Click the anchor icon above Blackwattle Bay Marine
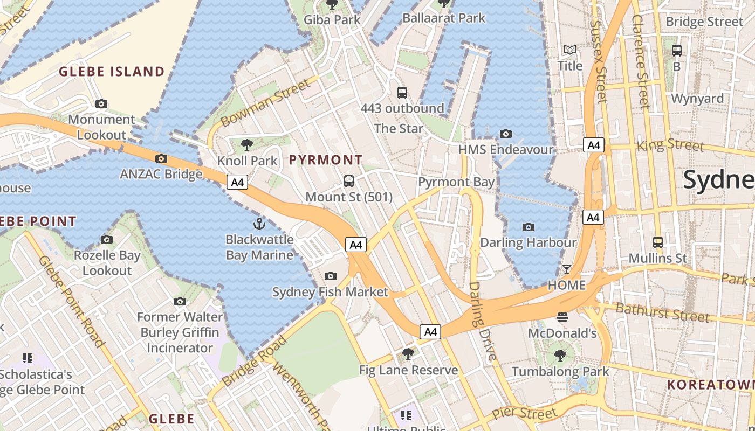pos(259,224)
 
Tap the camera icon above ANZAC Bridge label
pos(161,158)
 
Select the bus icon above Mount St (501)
pos(349,181)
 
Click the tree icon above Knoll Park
pos(247,144)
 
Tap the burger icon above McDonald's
pos(562,317)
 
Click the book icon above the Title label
pos(570,50)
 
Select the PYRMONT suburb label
pos(326,160)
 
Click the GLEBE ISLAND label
pos(112,72)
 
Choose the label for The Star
pos(399,128)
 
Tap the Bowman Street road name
pos(266,102)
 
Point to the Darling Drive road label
pos(482,321)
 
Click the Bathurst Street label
pos(662,312)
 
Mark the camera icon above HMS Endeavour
pos(505,134)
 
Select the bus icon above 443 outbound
pos(402,92)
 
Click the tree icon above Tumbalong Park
pos(560,355)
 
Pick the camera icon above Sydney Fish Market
pos(330,276)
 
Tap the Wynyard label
pos(697,99)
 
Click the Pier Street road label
pos(524,414)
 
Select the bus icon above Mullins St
pos(658,242)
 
